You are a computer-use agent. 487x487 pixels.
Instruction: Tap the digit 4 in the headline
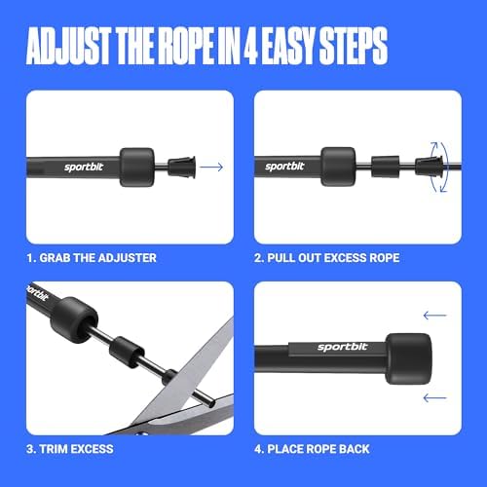tap(250, 46)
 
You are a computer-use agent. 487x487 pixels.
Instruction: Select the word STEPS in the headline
tap(353, 46)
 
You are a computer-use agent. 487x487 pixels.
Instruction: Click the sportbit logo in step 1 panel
tap(84, 167)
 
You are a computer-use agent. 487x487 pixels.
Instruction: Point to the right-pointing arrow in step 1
tap(211, 167)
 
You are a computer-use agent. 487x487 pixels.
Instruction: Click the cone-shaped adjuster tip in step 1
tap(182, 167)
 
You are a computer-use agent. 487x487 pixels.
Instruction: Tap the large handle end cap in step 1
tap(136, 168)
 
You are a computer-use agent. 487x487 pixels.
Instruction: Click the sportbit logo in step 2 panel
tap(284, 167)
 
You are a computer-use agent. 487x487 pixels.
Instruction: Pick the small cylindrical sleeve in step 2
tap(386, 167)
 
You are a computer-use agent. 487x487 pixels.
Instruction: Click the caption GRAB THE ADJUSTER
tap(97, 258)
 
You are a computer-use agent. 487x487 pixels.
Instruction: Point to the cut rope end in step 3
tap(211, 403)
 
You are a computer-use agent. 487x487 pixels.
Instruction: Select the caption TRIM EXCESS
tap(76, 449)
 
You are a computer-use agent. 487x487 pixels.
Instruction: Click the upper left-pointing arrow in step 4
tap(435, 316)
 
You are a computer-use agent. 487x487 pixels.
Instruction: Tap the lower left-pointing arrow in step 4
tap(435, 397)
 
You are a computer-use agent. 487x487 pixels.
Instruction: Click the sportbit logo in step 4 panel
tap(343, 347)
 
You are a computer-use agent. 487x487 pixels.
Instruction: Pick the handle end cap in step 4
tap(408, 358)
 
